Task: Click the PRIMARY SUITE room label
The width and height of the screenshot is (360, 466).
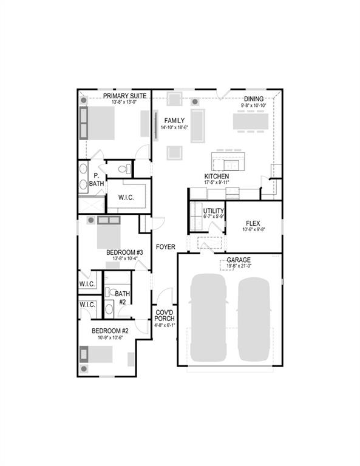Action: [x=124, y=96]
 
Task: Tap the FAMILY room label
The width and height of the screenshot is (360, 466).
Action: [x=174, y=121]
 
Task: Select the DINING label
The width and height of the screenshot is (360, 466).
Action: [x=253, y=99]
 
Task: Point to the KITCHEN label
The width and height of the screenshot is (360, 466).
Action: [x=216, y=177]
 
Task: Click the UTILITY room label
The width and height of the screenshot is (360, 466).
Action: [x=214, y=211]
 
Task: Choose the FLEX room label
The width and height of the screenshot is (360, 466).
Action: [x=253, y=223]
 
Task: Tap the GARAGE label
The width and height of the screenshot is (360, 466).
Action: [x=239, y=260]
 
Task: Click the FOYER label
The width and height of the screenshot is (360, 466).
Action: [x=165, y=247]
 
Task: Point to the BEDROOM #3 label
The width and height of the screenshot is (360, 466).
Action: [x=124, y=252]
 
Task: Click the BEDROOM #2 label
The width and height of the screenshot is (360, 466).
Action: [x=110, y=331]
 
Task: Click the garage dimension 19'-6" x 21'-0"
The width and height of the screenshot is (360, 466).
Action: [x=239, y=266]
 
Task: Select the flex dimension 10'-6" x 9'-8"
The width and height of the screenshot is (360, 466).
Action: [x=253, y=230]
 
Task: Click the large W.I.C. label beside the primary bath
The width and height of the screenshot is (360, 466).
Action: [x=126, y=197]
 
